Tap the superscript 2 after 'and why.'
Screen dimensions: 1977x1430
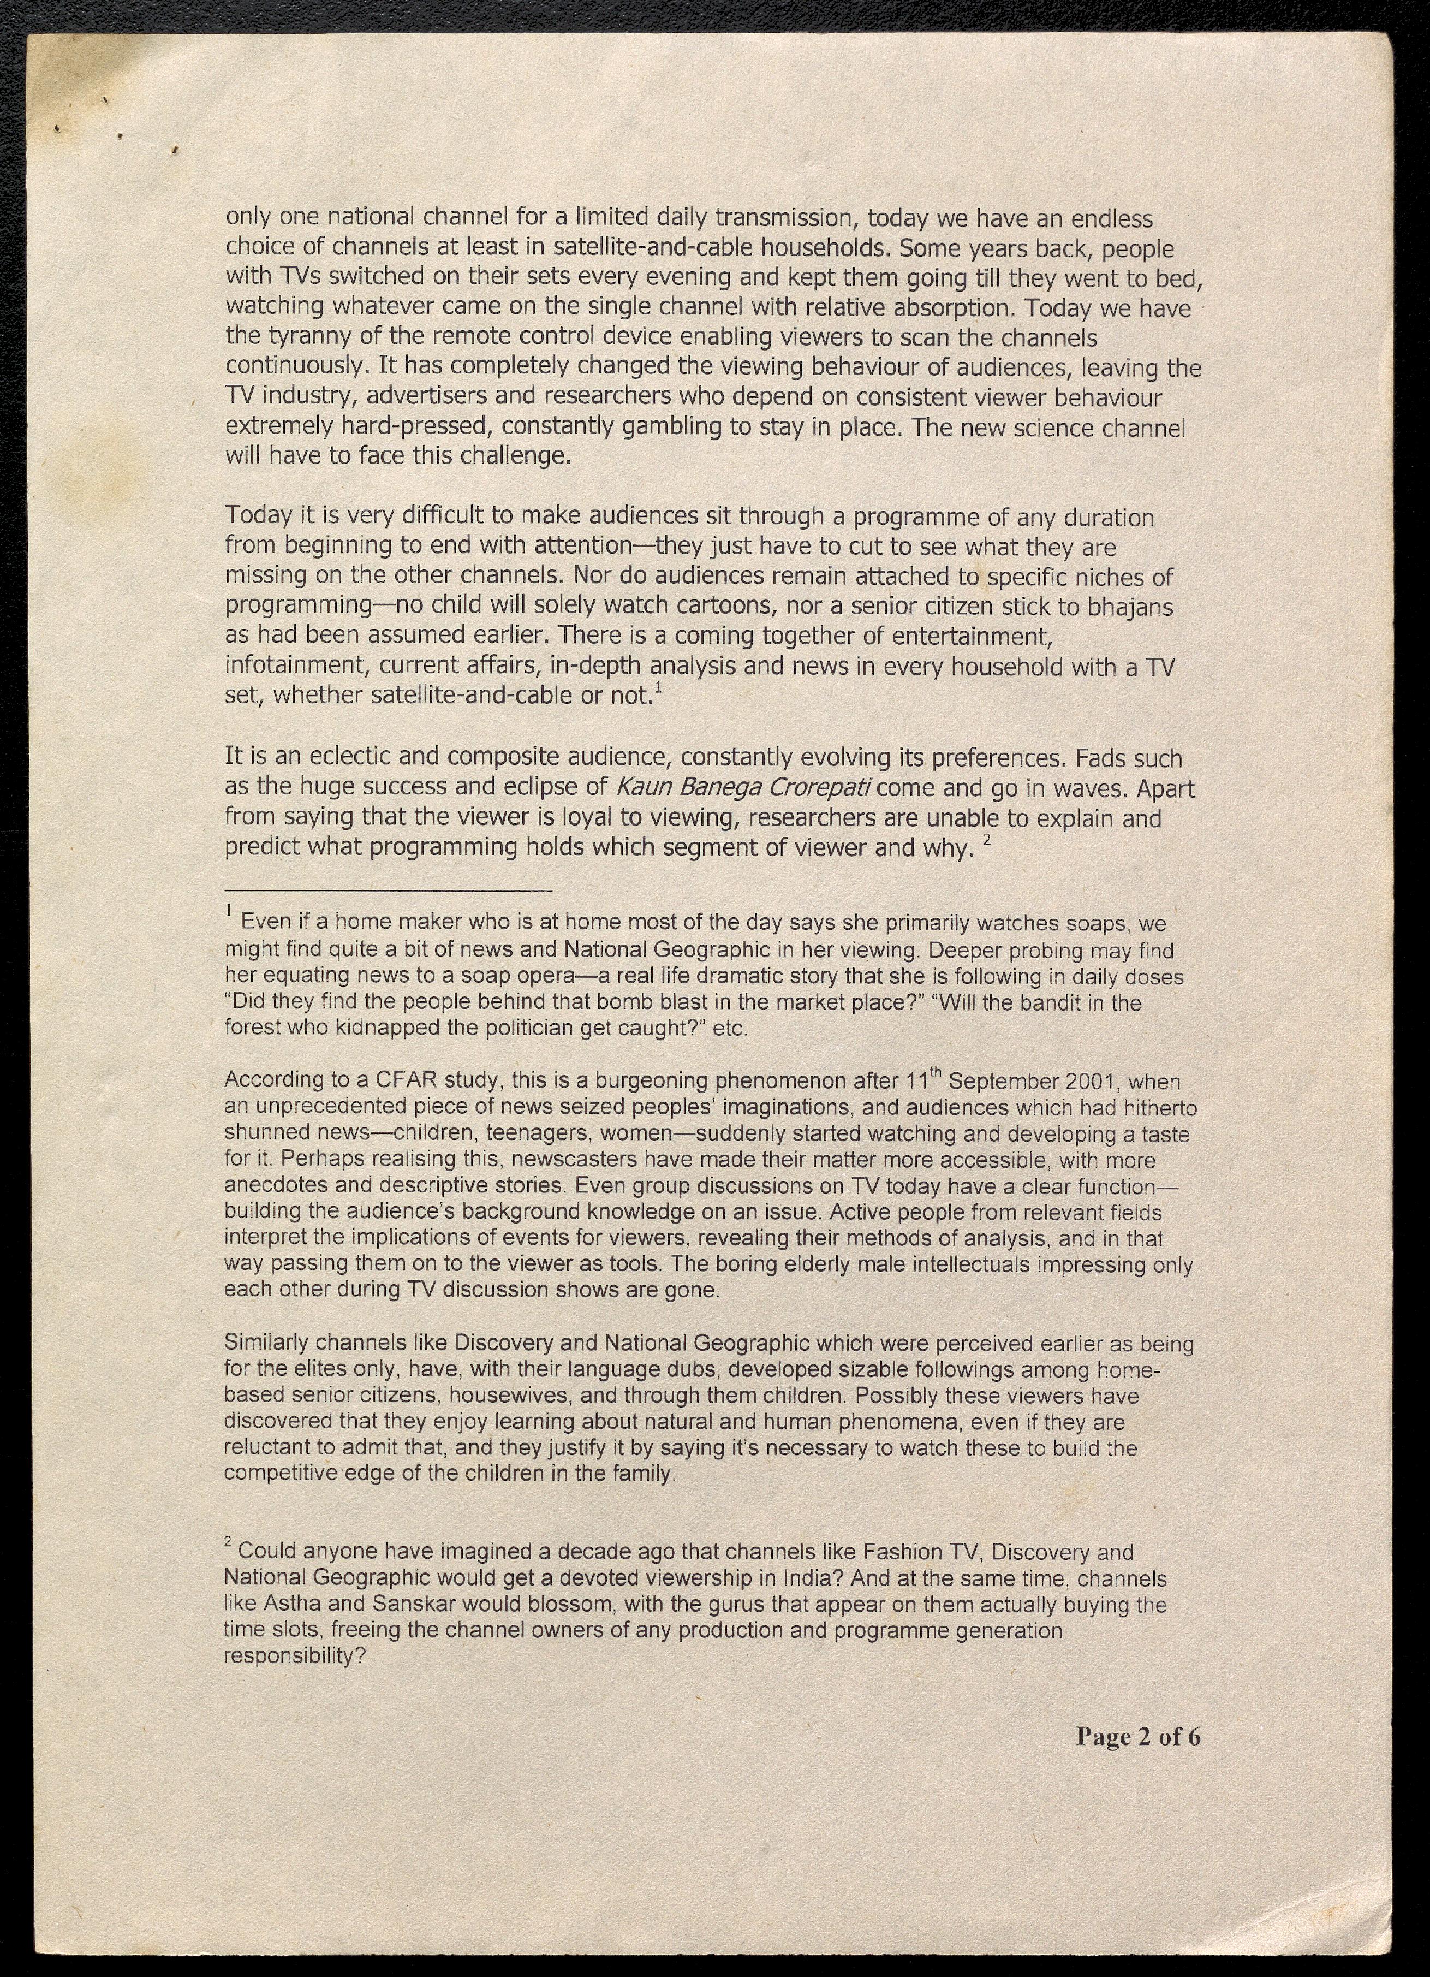point(987,840)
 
